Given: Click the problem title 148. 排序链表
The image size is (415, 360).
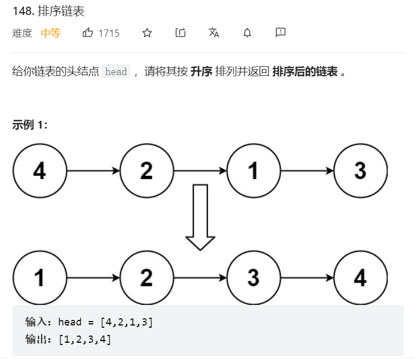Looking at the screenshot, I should (x=48, y=12).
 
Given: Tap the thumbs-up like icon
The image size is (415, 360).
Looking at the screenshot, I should (x=88, y=33).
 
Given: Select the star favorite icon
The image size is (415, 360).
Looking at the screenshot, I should (x=147, y=33).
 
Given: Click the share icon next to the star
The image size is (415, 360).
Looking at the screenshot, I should (x=180, y=33).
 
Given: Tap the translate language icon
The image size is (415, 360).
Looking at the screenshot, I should (x=214, y=33).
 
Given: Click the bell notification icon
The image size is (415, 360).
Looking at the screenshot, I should (x=247, y=33).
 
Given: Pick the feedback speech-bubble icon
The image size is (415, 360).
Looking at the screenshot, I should (x=280, y=33).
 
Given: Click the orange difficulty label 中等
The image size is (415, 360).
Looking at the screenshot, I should (x=51, y=33).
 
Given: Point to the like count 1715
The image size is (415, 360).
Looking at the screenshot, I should (x=109, y=33).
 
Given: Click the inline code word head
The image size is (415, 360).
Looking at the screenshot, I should (x=116, y=72).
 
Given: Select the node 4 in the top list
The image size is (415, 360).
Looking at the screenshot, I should (x=39, y=171).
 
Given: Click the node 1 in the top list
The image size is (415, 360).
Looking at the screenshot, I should (x=253, y=171).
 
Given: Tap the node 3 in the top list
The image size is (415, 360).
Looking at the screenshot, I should (x=360, y=171).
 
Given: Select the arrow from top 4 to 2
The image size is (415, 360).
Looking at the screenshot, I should (x=93, y=171).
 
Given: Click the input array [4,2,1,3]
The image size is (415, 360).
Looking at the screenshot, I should (x=127, y=322).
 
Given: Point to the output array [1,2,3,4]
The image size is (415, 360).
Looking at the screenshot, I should (x=85, y=339).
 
